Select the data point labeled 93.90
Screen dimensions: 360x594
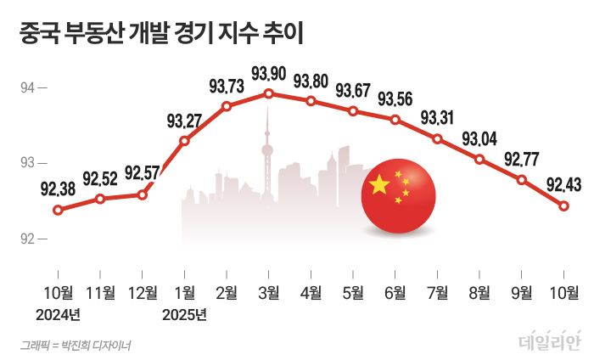click(268, 93)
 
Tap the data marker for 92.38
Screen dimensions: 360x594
click(58, 210)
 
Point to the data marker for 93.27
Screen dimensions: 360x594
click(184, 141)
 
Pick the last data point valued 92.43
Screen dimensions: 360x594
click(563, 205)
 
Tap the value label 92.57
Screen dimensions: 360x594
click(142, 174)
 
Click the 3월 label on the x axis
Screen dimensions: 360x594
click(268, 294)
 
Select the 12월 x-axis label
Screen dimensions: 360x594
click(142, 294)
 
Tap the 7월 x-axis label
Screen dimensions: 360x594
click(437, 294)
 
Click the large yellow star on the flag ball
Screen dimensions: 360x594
click(378, 184)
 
